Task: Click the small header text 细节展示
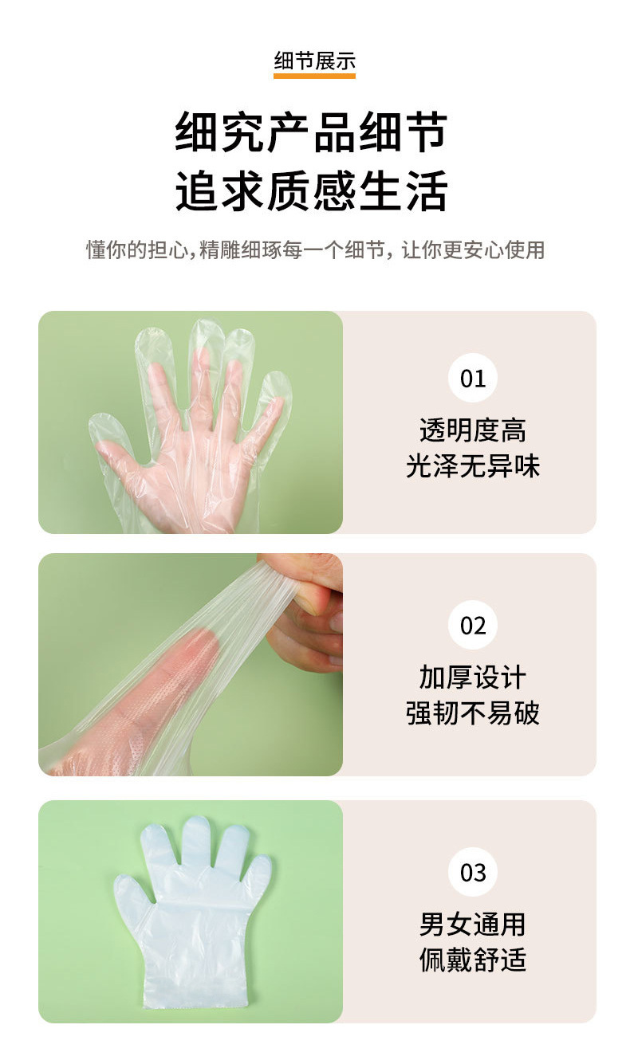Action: (x=314, y=61)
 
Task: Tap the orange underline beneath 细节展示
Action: (x=314, y=76)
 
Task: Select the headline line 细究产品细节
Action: (x=312, y=132)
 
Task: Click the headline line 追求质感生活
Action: (x=312, y=191)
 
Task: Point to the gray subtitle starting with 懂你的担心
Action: (x=315, y=249)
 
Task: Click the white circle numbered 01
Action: (x=473, y=378)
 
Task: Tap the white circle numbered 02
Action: (x=473, y=625)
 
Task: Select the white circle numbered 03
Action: (x=473, y=872)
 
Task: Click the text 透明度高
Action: (x=473, y=430)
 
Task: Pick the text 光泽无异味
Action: (x=473, y=465)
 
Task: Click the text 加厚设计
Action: (x=473, y=677)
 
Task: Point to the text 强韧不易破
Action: (x=473, y=713)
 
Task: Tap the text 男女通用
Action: (x=473, y=925)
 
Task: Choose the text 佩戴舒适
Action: (x=473, y=960)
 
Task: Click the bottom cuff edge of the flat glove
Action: (x=195, y=1006)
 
